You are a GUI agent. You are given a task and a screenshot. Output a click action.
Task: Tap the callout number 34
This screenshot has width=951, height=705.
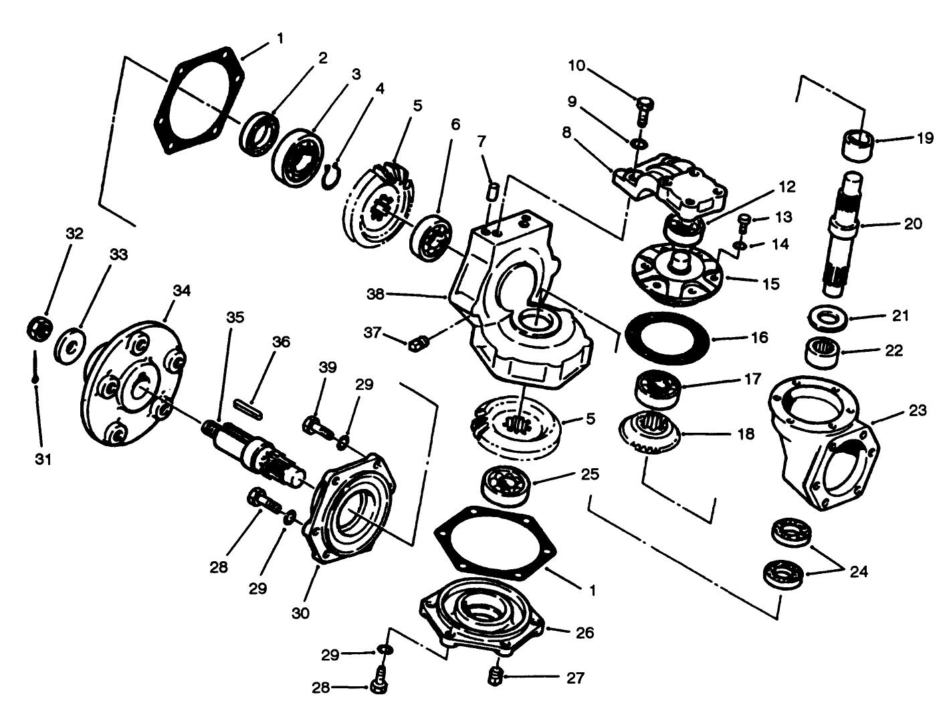[x=181, y=291]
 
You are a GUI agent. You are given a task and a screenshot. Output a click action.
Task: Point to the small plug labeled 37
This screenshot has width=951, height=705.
[x=417, y=343]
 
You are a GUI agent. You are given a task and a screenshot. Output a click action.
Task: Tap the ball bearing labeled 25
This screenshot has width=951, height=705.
[x=505, y=486]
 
